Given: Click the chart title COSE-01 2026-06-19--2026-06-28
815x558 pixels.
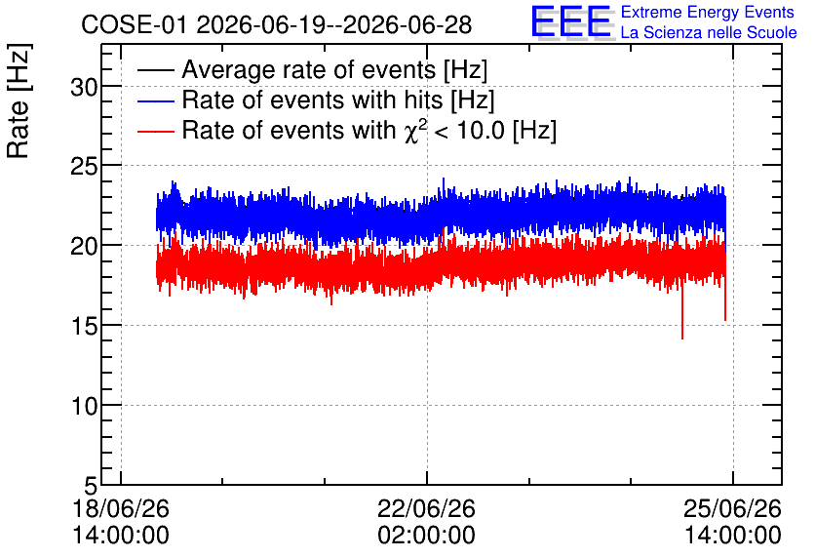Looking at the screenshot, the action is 277,24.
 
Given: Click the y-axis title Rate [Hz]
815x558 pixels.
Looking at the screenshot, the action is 19,100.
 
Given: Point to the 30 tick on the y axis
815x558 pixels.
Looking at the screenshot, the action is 84,87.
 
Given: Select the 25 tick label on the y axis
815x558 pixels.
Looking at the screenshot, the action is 84,166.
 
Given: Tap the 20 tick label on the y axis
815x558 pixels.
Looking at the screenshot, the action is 84,246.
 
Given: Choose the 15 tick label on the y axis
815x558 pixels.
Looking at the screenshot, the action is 84,326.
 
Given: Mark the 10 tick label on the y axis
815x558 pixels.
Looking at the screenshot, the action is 84,405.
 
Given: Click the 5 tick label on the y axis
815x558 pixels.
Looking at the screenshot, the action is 91,486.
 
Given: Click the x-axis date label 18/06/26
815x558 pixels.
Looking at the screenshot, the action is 121,508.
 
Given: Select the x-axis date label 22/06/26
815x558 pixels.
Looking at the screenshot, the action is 426,508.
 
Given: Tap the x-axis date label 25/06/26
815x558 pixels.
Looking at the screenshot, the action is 732,508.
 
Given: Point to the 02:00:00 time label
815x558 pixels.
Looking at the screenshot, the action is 426,536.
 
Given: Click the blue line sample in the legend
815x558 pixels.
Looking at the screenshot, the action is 155,100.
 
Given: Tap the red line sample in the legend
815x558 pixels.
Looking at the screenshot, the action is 155,131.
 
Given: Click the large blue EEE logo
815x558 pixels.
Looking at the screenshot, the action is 571,21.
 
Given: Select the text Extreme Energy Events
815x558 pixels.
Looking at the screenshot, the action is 708,12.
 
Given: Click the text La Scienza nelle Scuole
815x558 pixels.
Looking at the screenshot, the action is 709,32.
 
